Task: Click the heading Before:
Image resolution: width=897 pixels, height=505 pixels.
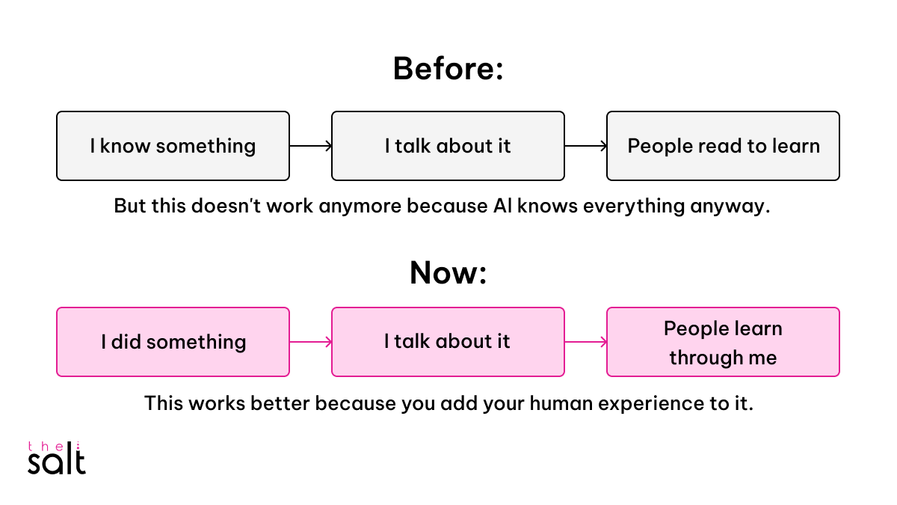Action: coord(448,69)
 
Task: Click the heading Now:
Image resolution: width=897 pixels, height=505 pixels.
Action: coord(448,273)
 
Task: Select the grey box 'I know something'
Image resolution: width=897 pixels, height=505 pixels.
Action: coord(173,146)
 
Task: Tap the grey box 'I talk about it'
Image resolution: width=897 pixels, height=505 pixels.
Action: coord(448,146)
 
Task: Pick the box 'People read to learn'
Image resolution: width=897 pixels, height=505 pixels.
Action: coord(723,146)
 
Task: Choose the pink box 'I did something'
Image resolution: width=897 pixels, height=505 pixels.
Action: coord(173,342)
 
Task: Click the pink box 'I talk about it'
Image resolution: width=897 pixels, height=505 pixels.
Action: coord(448,342)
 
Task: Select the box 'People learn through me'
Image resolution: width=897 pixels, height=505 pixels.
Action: coord(723,342)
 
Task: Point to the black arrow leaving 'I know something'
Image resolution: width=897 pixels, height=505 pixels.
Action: coord(310,146)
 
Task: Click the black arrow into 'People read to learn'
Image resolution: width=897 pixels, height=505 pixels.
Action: coord(585,146)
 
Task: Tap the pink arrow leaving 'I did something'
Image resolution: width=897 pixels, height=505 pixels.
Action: coord(310,342)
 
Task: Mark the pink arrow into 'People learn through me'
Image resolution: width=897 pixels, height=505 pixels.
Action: coord(585,342)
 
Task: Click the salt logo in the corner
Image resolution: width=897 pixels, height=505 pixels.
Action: coord(57,458)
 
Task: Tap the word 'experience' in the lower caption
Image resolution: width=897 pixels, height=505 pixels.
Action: coord(663,403)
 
